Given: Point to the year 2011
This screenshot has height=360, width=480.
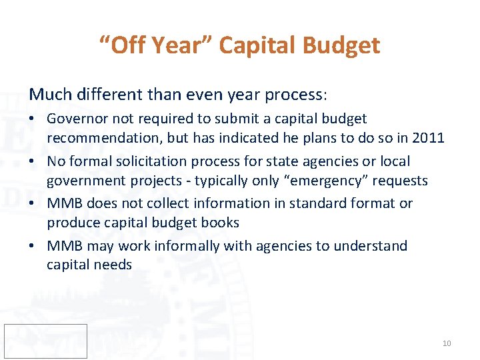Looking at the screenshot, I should coord(428,137).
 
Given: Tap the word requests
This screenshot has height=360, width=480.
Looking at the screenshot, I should coord(400,180).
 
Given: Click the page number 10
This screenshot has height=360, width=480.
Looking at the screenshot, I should coord(446,343).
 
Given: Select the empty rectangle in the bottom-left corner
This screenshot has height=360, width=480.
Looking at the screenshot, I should coord(45,341).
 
